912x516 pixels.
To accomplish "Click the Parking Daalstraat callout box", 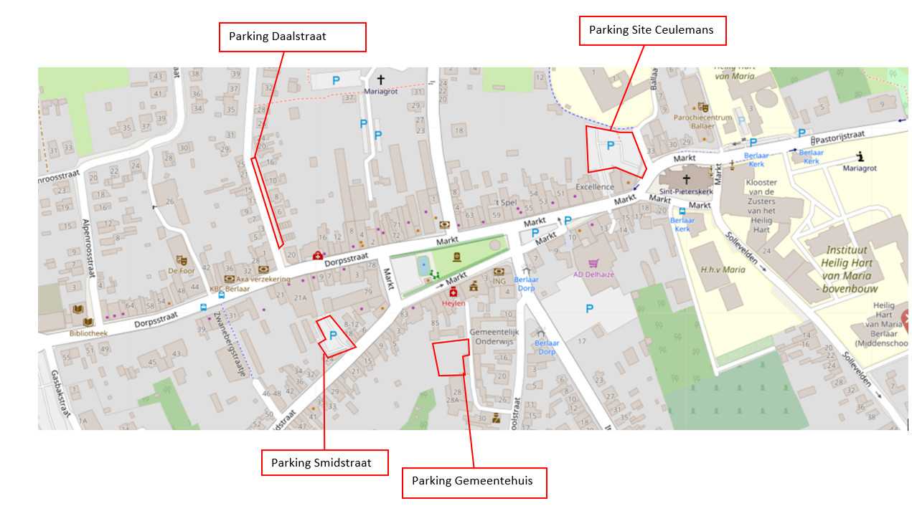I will tap(292, 37).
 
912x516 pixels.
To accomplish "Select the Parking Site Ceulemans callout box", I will tap(652, 31).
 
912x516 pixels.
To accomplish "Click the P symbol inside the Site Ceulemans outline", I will tap(611, 146).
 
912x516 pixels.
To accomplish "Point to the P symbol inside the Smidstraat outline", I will tap(333, 335).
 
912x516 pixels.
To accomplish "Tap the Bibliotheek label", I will tap(89, 333).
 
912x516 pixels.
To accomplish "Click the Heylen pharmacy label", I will tap(453, 303).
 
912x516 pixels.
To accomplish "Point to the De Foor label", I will tap(182, 272).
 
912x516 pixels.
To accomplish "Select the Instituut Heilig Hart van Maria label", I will tap(852, 267).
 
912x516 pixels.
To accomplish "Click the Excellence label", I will tap(595, 187).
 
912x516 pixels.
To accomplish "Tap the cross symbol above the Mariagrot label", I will tap(380, 80).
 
